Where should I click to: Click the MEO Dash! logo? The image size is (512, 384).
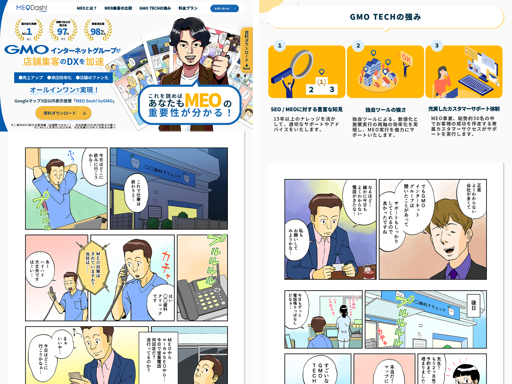(32, 8)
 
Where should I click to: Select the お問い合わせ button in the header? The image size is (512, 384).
(224, 9)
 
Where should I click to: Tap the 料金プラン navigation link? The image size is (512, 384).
(188, 8)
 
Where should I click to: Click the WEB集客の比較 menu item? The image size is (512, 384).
(118, 8)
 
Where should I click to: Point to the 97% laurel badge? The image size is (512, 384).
(63, 30)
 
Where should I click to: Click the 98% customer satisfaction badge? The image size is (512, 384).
(98, 30)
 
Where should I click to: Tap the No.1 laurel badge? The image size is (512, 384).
(29, 30)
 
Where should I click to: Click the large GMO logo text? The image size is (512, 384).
(27, 50)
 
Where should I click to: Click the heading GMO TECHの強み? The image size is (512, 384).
(385, 17)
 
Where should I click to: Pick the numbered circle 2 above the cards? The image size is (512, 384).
(358, 46)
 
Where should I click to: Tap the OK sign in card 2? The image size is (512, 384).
(406, 59)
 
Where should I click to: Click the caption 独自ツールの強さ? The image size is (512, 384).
(385, 110)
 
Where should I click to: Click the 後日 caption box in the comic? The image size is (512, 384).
(474, 305)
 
